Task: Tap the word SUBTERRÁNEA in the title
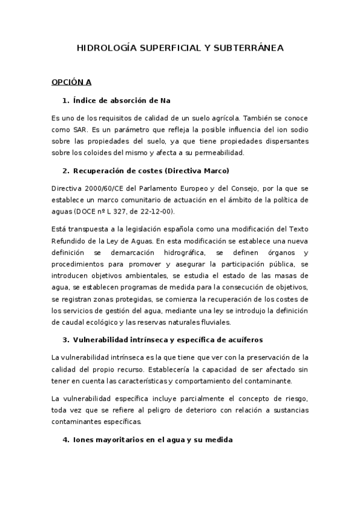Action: pyautogui.click(x=248, y=48)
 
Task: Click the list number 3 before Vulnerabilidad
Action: pyautogui.click(x=64, y=340)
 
